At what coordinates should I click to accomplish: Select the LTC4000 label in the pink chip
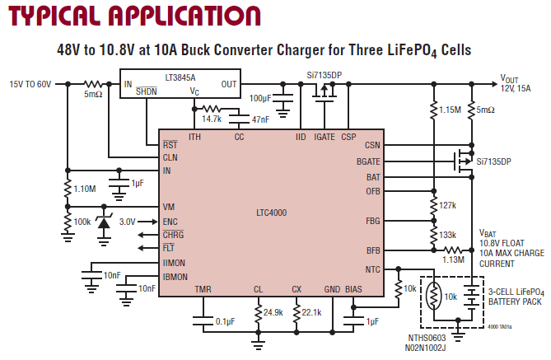(272, 212)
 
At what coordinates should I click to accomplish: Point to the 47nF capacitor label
(260, 119)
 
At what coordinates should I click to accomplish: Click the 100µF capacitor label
(260, 99)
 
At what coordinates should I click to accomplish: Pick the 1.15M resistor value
(451, 110)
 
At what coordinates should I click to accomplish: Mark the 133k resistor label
(448, 235)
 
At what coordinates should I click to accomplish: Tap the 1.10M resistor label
(85, 189)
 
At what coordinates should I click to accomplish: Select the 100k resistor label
(82, 222)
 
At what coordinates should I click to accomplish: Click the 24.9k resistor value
(273, 313)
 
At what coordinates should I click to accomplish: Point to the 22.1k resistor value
(311, 313)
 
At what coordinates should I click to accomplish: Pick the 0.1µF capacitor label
(223, 321)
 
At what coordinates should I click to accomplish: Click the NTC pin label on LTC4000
(373, 269)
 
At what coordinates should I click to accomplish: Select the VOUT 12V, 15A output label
(516, 83)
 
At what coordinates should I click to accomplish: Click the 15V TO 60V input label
(30, 84)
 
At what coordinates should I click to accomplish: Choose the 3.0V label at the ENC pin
(128, 221)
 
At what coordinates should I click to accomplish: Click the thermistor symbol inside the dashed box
(435, 297)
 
